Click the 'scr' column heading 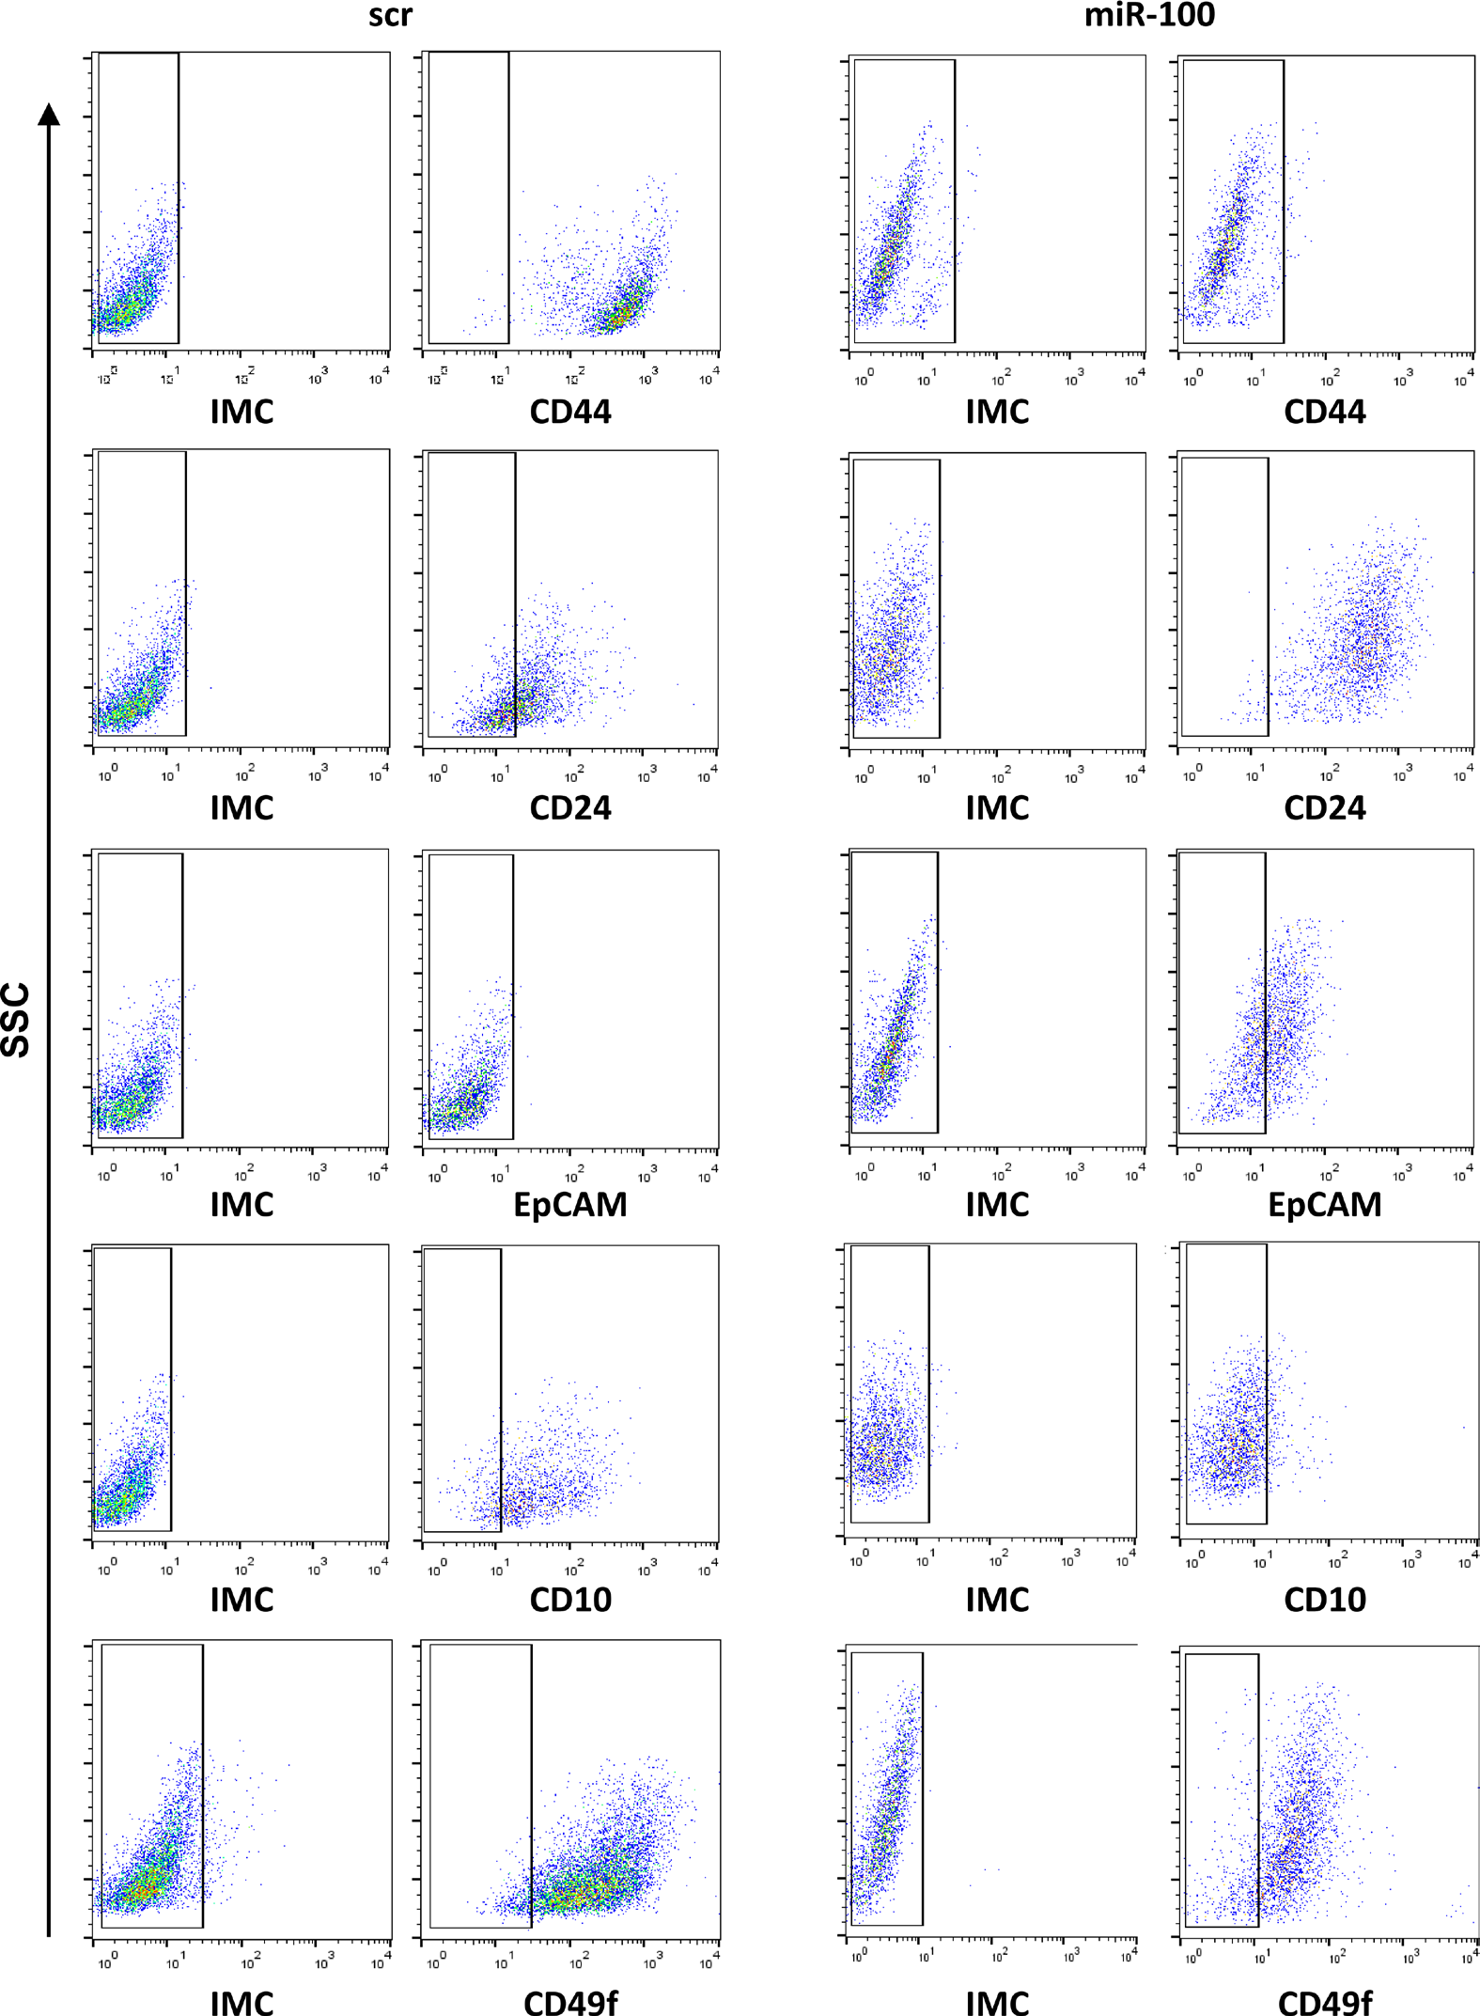(x=390, y=16)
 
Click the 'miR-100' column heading (x=1148, y=16)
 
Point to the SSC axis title (x=17, y=1020)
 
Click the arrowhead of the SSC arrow (x=49, y=115)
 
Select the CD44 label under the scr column (x=570, y=412)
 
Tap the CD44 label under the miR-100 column (x=1324, y=412)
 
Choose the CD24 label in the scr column (x=570, y=808)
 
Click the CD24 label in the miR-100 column (x=1324, y=808)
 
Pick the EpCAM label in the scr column (x=570, y=1205)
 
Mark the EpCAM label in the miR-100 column (x=1324, y=1205)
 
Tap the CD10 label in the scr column (x=570, y=1600)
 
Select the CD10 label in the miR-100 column (x=1324, y=1600)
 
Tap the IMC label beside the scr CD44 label (x=241, y=412)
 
